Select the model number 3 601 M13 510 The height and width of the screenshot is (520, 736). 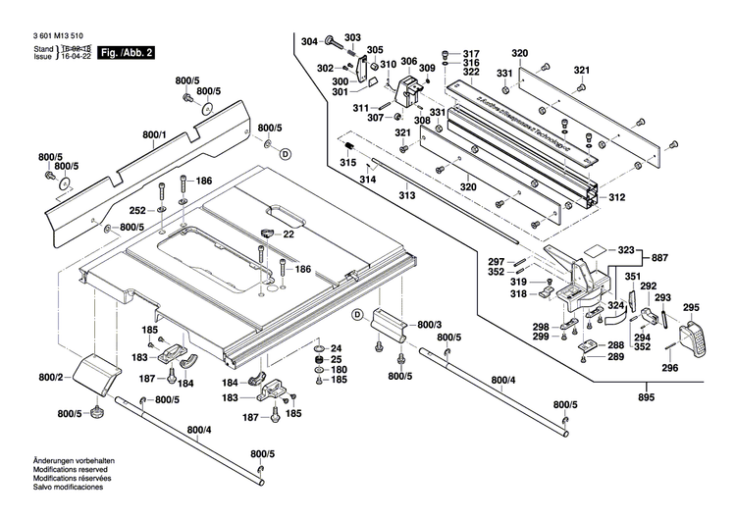tap(58, 33)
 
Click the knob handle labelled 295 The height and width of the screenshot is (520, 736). tap(698, 340)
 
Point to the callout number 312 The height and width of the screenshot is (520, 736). tap(616, 198)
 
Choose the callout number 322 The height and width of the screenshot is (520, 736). tap(471, 73)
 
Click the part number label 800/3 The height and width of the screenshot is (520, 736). tap(430, 324)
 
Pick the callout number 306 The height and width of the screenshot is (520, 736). tap(409, 61)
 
